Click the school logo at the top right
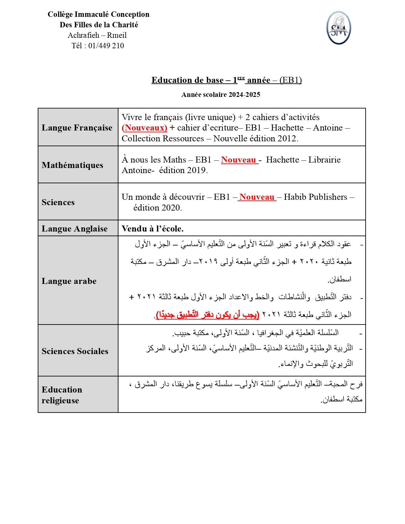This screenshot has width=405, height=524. (339, 28)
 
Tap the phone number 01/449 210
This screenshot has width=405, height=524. (106, 46)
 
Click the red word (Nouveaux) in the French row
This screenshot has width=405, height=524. (145, 128)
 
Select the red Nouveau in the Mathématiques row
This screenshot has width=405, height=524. (239, 160)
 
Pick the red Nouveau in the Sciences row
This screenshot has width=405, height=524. (257, 197)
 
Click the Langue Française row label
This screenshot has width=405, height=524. (77, 128)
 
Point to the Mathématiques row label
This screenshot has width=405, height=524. (72, 165)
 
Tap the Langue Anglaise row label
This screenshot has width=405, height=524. (75, 229)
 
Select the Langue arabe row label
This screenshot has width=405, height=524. (69, 281)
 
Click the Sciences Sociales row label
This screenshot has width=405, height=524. (75, 351)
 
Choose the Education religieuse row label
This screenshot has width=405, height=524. (62, 395)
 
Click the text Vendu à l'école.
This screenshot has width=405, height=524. (152, 229)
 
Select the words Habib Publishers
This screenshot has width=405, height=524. (315, 197)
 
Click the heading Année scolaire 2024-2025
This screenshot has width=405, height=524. (221, 95)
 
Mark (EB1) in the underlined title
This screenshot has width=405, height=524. (290, 80)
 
